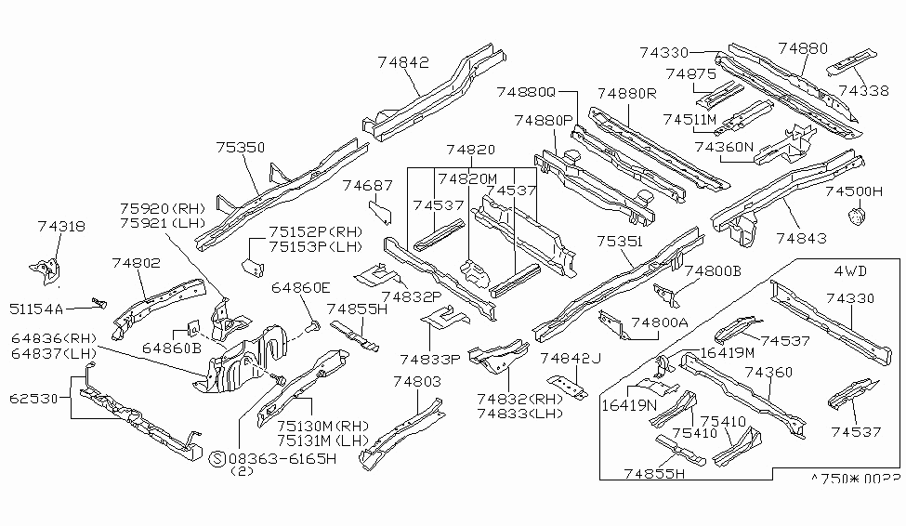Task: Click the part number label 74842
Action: pos(403,62)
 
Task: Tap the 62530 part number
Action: pos(32,399)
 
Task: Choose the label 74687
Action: pos(368,186)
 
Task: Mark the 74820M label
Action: pos(468,178)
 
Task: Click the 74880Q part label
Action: pos(525,92)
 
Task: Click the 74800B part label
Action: pos(713,270)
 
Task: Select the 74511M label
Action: pos(689,119)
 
